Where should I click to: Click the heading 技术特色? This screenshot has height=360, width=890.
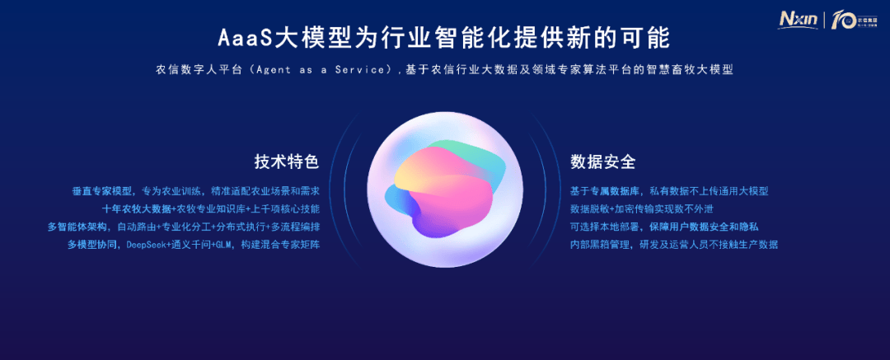tap(287, 162)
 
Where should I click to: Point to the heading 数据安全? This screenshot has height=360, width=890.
tap(602, 162)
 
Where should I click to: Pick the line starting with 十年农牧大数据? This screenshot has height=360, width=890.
tap(211, 209)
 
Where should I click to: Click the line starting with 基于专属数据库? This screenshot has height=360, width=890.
tap(669, 191)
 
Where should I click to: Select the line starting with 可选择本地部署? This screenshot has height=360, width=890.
tap(665, 227)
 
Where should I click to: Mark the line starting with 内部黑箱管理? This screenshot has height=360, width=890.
tap(674, 245)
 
